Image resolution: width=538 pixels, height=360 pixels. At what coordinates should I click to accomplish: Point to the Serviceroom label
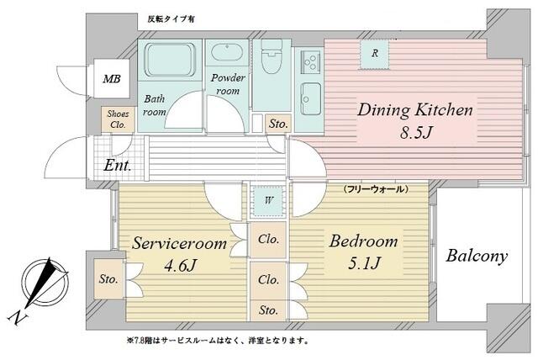[179, 245]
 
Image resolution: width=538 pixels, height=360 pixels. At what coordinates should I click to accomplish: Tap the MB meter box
[111, 80]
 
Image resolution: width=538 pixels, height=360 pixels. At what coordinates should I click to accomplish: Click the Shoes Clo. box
[117, 119]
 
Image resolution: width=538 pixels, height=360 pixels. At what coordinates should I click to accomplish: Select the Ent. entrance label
[118, 166]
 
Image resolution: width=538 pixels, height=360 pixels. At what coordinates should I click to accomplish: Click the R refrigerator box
[374, 53]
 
